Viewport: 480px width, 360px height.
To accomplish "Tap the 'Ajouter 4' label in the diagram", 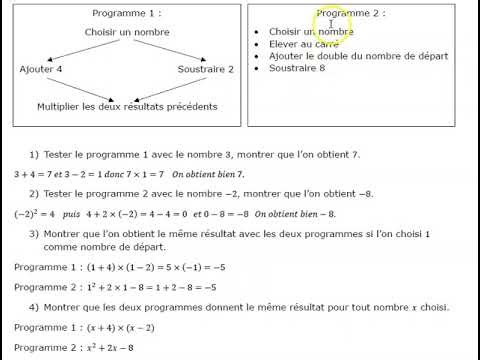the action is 40,69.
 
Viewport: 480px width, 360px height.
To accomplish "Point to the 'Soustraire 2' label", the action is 205,69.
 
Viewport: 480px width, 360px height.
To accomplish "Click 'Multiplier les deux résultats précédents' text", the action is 126,105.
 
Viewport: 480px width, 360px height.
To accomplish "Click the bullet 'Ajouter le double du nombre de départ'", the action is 357,57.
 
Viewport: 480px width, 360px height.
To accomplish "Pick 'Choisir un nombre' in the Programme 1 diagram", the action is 126,33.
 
